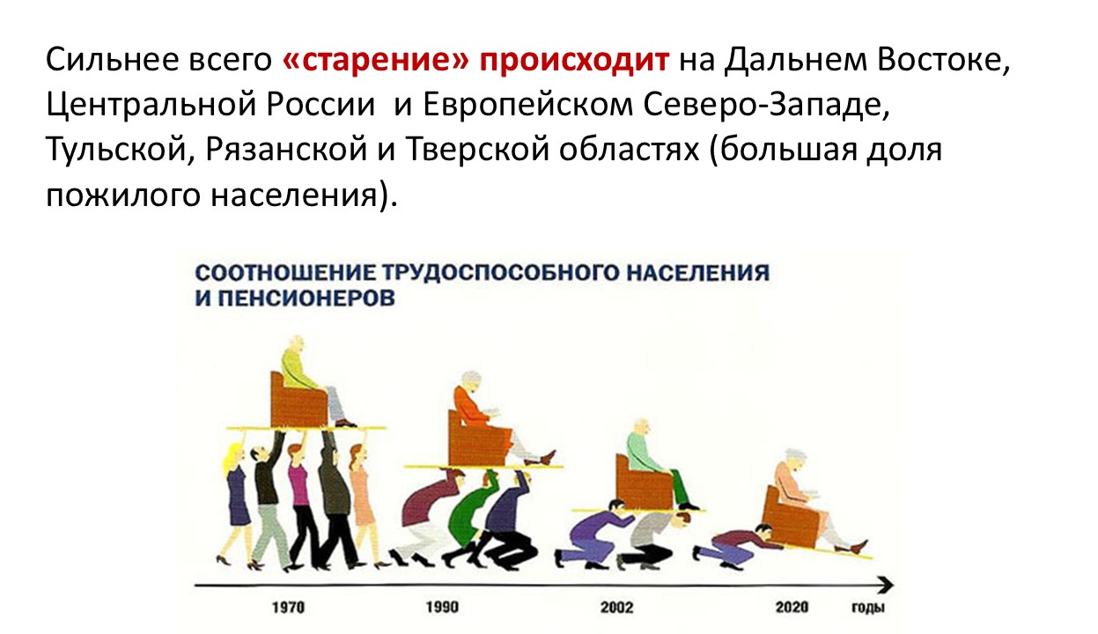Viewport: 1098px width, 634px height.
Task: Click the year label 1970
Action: tap(288, 607)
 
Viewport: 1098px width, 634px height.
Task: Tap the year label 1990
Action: tap(442, 607)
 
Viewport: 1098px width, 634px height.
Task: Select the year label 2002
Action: tap(616, 607)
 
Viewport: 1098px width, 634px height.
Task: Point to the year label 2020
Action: tap(792, 607)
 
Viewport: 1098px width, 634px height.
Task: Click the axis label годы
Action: tap(868, 608)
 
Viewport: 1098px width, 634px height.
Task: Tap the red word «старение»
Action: tap(376, 60)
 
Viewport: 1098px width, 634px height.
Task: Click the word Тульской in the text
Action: tap(114, 149)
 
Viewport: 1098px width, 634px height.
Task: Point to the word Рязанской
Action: tap(286, 150)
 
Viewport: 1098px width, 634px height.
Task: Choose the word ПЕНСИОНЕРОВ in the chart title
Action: tap(306, 299)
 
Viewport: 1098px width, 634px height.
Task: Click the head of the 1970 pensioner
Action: tap(295, 346)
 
